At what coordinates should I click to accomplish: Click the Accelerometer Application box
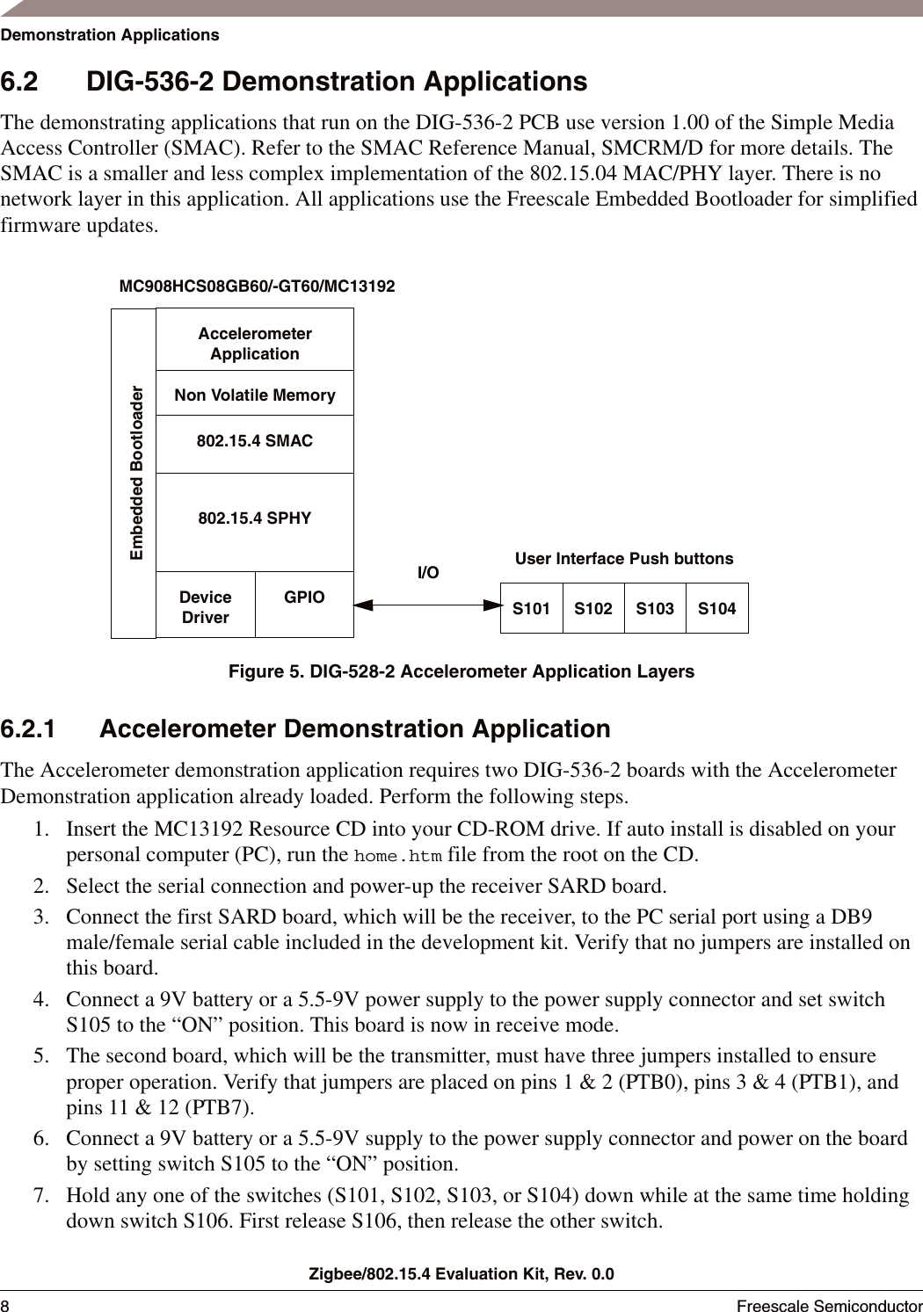click(x=255, y=343)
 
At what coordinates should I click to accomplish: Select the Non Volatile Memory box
click(x=255, y=395)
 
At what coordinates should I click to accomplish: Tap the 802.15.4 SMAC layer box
click(x=255, y=441)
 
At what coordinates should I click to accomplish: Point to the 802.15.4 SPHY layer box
click(x=255, y=518)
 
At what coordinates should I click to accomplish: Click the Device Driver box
click(x=205, y=606)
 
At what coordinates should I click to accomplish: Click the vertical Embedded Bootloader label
click(x=136, y=472)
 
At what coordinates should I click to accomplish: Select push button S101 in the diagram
click(x=531, y=608)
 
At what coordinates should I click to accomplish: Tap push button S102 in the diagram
click(x=593, y=608)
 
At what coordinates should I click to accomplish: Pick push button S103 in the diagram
click(x=655, y=608)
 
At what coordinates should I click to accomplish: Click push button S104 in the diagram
click(x=716, y=608)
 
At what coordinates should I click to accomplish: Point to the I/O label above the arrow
click(x=428, y=573)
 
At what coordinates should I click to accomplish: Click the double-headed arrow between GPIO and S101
click(x=427, y=605)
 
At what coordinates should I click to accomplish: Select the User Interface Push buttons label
click(x=623, y=559)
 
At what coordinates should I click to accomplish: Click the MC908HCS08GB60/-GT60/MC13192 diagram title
click(x=257, y=286)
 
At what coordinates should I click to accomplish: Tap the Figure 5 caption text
click(x=461, y=671)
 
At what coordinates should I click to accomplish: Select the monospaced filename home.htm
click(x=397, y=856)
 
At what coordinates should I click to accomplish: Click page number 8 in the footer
click(x=5, y=1305)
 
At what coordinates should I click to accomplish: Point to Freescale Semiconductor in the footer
click(x=829, y=1305)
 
